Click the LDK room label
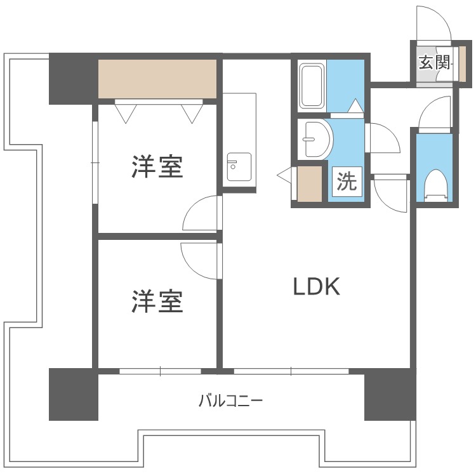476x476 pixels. click(317, 287)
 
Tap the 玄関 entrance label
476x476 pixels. click(434, 62)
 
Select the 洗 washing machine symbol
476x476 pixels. click(346, 183)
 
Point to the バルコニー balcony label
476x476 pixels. click(230, 401)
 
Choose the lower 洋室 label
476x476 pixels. click(157, 301)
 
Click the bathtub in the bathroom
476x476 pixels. click(312, 85)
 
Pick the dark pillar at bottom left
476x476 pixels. click(74, 394)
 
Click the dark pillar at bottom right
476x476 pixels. click(389, 395)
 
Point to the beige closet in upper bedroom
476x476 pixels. click(157, 79)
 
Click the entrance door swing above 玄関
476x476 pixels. click(433, 25)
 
